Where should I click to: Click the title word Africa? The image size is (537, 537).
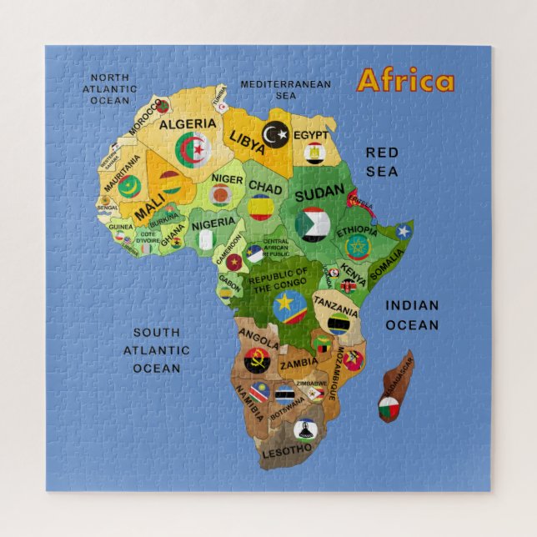(405, 81)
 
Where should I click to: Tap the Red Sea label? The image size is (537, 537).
(382, 162)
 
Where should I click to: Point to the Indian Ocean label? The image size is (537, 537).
(411, 315)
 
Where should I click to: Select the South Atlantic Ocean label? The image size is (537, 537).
(157, 350)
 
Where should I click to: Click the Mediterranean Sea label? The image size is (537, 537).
(285, 89)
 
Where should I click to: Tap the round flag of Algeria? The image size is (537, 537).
(193, 151)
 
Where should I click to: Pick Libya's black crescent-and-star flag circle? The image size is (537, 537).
(275, 133)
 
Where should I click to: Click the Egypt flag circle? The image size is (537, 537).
(314, 153)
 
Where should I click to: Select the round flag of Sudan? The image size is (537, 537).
(312, 224)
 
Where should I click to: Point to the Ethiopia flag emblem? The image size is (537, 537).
(358, 247)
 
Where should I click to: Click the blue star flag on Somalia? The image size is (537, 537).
(404, 231)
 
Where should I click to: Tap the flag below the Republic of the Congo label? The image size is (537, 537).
(289, 306)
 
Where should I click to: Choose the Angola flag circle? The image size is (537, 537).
(257, 361)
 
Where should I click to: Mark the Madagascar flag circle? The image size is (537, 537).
(389, 408)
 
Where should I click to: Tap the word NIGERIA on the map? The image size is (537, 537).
(213, 223)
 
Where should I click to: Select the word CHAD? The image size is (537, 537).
(265, 188)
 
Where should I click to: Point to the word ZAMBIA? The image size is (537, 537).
(299, 364)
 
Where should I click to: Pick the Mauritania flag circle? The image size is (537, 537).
(128, 187)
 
